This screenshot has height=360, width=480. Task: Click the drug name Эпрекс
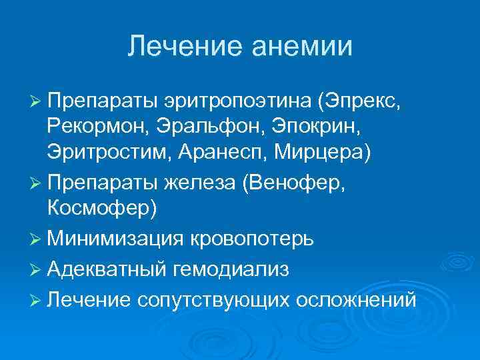click(x=362, y=101)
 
